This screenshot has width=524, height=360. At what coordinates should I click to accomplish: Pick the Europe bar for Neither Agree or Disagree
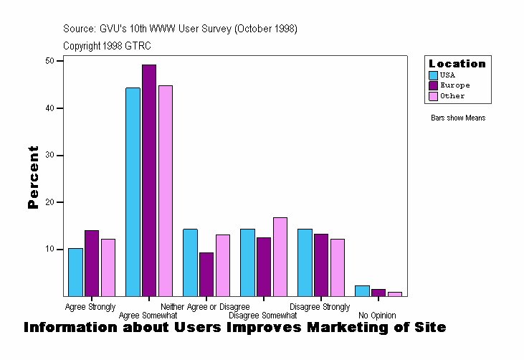pyautogui.click(x=206, y=275)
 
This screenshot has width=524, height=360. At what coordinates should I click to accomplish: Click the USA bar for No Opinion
pyautogui.click(x=362, y=291)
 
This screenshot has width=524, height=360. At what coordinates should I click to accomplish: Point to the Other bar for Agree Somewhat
pyautogui.click(x=166, y=191)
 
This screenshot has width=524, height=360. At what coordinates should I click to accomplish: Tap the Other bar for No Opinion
pyautogui.click(x=395, y=294)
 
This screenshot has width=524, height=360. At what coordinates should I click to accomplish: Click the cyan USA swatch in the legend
pyautogui.click(x=433, y=75)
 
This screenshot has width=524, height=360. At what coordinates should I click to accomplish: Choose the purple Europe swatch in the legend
pyautogui.click(x=433, y=85)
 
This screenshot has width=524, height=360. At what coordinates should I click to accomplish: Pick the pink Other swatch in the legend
pyautogui.click(x=433, y=96)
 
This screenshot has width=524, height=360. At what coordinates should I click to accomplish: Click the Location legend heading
pyautogui.click(x=457, y=64)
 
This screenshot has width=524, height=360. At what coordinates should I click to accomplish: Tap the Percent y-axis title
pyautogui.click(x=33, y=177)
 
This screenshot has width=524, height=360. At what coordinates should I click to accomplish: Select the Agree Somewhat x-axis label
pyautogui.click(x=148, y=316)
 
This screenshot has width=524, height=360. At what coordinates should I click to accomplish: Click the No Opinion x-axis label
pyautogui.click(x=377, y=316)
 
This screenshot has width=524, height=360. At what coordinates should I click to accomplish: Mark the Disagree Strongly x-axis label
pyautogui.click(x=320, y=307)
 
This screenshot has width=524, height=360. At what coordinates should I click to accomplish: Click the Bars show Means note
pyautogui.click(x=458, y=118)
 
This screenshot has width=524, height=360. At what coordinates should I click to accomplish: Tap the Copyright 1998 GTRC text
pyautogui.click(x=107, y=46)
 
